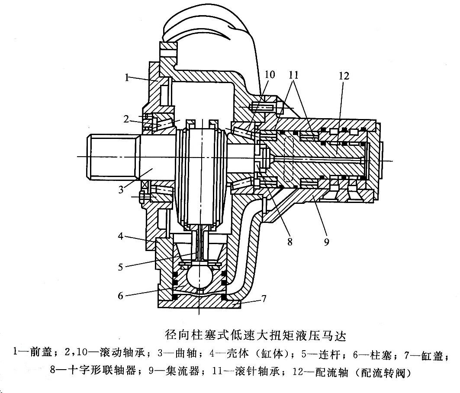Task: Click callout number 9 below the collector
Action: (x=326, y=242)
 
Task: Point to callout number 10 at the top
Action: (x=269, y=75)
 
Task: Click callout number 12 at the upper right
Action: (x=344, y=76)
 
